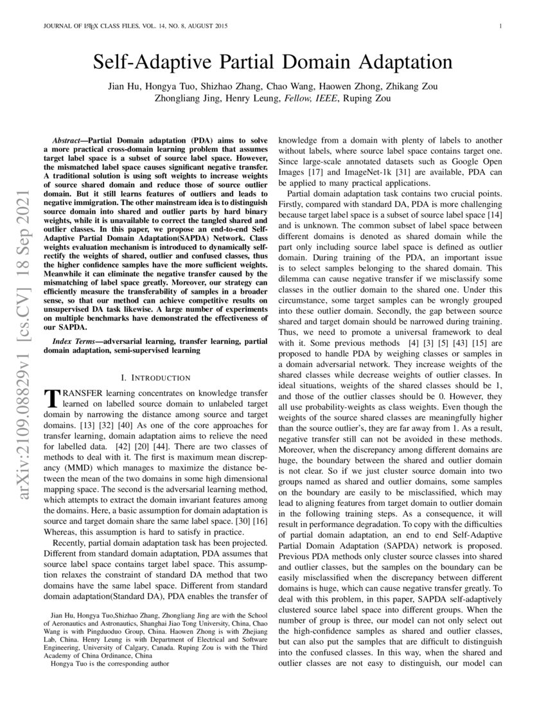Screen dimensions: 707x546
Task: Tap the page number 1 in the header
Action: click(x=499, y=26)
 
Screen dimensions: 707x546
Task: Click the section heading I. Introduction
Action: click(x=155, y=377)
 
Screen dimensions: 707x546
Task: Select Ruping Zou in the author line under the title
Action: click(x=367, y=98)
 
